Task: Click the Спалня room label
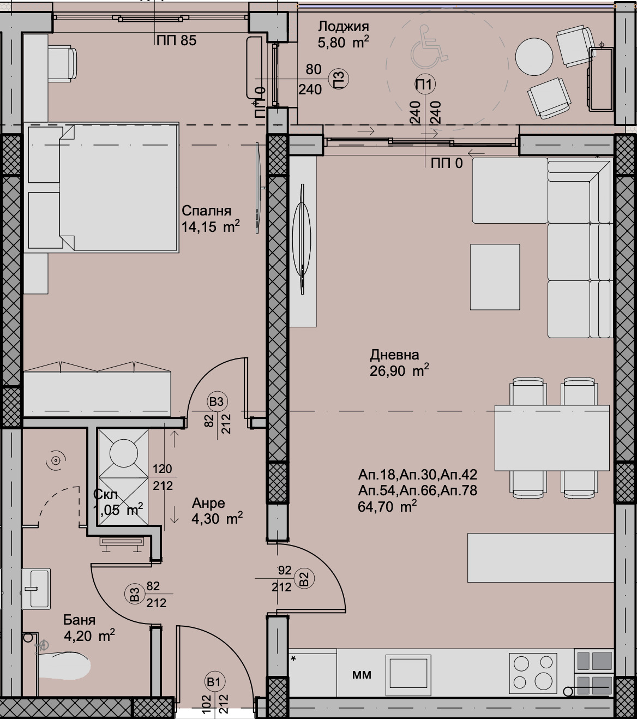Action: tap(206, 211)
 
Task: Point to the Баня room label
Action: tap(79, 620)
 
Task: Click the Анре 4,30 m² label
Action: tap(216, 511)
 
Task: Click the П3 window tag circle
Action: tap(339, 80)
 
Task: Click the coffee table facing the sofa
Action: tap(495, 277)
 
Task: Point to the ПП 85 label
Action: tap(176, 40)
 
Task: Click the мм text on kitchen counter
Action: tap(362, 675)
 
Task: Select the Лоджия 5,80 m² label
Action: tap(343, 34)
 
